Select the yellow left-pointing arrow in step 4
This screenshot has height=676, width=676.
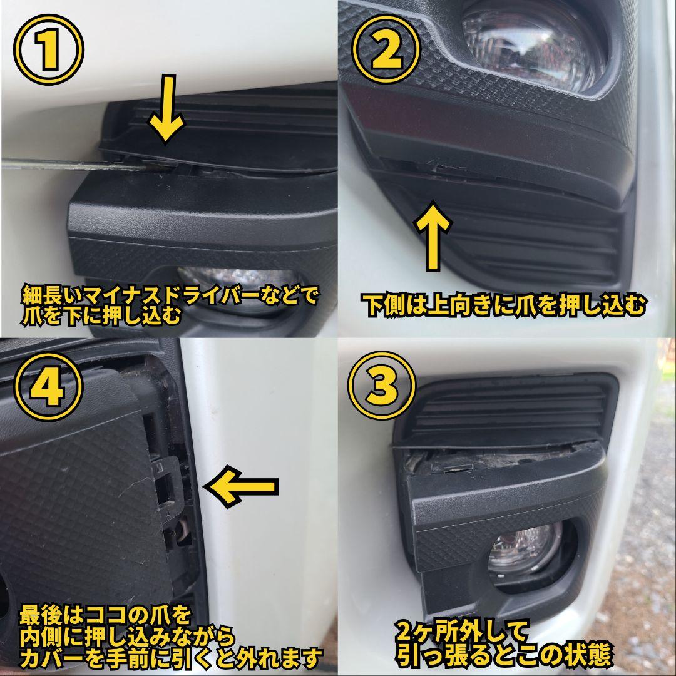tap(241, 486)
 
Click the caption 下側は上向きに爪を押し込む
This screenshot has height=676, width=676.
tap(504, 305)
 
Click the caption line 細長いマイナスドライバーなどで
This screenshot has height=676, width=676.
tap(169, 294)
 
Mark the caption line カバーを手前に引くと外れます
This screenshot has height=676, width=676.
tap(170, 658)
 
